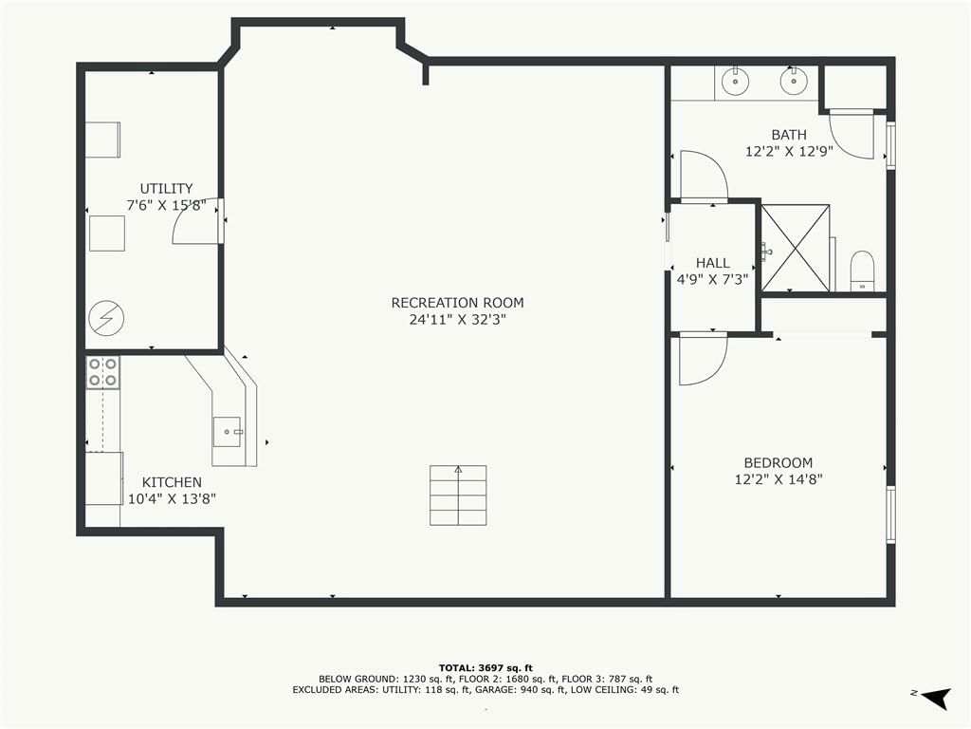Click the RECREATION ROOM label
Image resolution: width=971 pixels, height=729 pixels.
pyautogui.click(x=458, y=303)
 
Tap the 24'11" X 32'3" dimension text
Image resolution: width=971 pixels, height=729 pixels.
pyautogui.click(x=458, y=320)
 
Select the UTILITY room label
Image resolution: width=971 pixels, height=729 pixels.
pyautogui.click(x=166, y=189)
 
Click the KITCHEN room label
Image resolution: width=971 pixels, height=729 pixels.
pyautogui.click(x=172, y=482)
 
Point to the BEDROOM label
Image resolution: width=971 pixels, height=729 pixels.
pyautogui.click(x=779, y=462)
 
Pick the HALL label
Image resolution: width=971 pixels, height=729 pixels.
pyautogui.click(x=713, y=263)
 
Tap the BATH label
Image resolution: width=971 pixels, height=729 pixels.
pyautogui.click(x=789, y=135)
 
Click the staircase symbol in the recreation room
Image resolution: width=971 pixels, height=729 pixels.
pyautogui.click(x=458, y=495)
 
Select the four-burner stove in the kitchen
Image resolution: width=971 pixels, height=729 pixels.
pyautogui.click(x=102, y=372)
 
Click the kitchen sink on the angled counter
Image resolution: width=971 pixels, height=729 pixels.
pyautogui.click(x=228, y=432)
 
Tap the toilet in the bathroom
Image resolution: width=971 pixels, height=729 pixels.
pyautogui.click(x=861, y=271)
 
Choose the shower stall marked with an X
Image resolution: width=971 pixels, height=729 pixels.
pyautogui.click(x=796, y=248)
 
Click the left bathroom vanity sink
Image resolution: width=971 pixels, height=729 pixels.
pyautogui.click(x=735, y=82)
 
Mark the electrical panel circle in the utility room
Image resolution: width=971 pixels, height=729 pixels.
pyautogui.click(x=106, y=319)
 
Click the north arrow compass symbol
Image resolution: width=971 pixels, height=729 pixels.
pyautogui.click(x=936, y=697)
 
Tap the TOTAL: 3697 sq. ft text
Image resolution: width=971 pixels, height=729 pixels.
pyautogui.click(x=485, y=668)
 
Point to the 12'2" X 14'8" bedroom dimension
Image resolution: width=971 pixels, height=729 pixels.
pyautogui.click(x=779, y=479)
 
